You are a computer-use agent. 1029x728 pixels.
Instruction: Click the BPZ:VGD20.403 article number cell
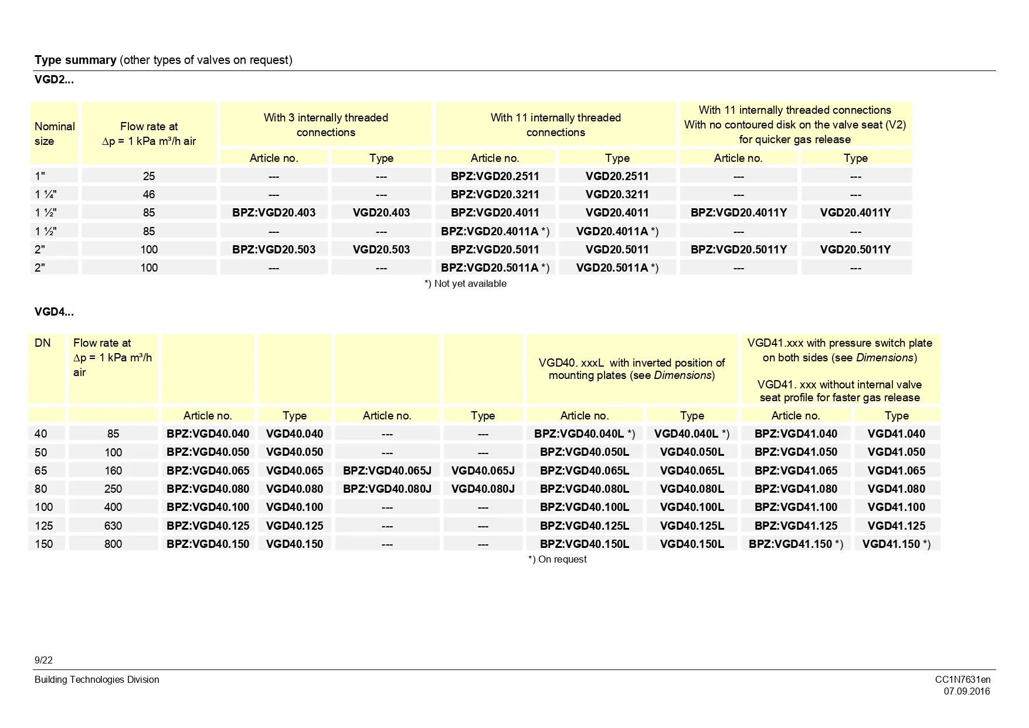274,213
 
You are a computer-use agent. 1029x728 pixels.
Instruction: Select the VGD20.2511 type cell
617,176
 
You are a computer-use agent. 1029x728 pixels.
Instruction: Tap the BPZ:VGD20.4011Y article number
738,213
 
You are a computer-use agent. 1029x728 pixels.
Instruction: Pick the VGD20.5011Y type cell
855,249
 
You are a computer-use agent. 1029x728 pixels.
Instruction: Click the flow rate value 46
149,194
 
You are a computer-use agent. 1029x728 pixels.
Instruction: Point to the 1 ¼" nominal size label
46,194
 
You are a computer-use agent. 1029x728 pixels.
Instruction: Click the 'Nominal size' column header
54,134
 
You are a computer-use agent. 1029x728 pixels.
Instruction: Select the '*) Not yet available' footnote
465,284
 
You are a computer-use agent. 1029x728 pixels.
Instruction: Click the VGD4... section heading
54,312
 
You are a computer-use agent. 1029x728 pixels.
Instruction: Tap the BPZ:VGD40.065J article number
387,470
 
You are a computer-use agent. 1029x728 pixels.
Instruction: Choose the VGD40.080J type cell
483,489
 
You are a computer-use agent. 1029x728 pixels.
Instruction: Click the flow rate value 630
113,526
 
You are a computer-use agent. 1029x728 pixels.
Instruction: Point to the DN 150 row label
44,544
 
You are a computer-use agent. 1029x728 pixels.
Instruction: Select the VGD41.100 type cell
896,507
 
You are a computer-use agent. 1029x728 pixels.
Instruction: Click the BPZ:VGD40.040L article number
584,434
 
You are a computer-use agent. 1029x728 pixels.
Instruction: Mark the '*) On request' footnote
557,560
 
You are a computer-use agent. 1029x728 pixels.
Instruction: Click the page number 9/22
43,661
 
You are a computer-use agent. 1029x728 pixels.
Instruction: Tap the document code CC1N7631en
962,680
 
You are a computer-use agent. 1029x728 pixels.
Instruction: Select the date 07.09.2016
966,692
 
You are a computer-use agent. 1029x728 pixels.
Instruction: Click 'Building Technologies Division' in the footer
97,680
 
